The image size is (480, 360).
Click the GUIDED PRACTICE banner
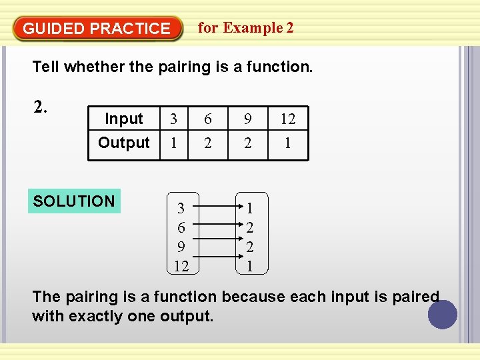97,29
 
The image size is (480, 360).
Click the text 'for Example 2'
245,28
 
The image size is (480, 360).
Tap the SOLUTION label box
74,201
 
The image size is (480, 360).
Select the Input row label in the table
124,119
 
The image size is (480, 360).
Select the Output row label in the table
124,143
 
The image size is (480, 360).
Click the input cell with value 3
174,119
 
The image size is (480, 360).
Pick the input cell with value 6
208,119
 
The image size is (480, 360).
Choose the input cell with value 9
248,119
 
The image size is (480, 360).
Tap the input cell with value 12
287,119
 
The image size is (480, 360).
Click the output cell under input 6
208,143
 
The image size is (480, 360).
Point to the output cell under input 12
287,143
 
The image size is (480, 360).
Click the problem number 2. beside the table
41,107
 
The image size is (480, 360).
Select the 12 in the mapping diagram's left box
181,267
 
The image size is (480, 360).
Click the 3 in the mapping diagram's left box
181,209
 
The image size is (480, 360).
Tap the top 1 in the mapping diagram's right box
249,209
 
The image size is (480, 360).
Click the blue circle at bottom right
443,315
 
